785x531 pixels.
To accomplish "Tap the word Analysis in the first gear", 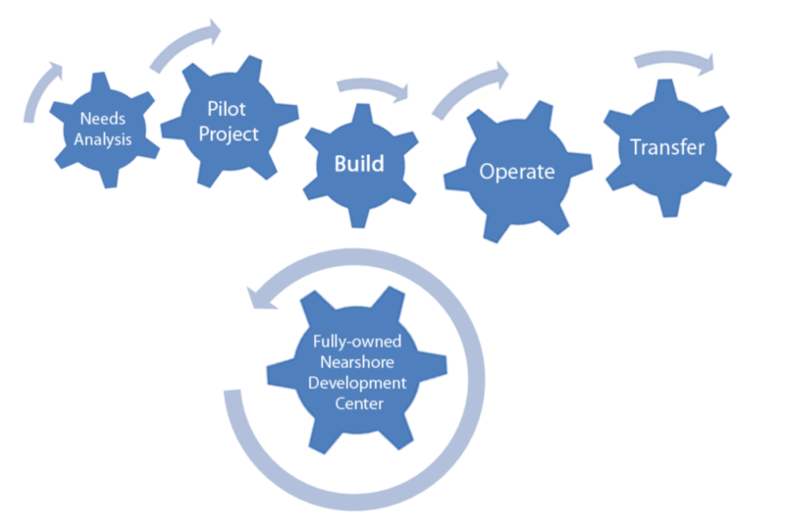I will (105, 138).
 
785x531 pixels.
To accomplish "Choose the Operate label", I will (516, 172).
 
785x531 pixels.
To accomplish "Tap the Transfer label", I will (667, 148).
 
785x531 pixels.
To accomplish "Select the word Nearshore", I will (357, 363).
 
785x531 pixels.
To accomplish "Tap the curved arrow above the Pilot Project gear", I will (186, 45).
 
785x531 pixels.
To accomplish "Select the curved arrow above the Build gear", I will (374, 89).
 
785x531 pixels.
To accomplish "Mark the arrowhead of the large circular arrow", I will (257, 293).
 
